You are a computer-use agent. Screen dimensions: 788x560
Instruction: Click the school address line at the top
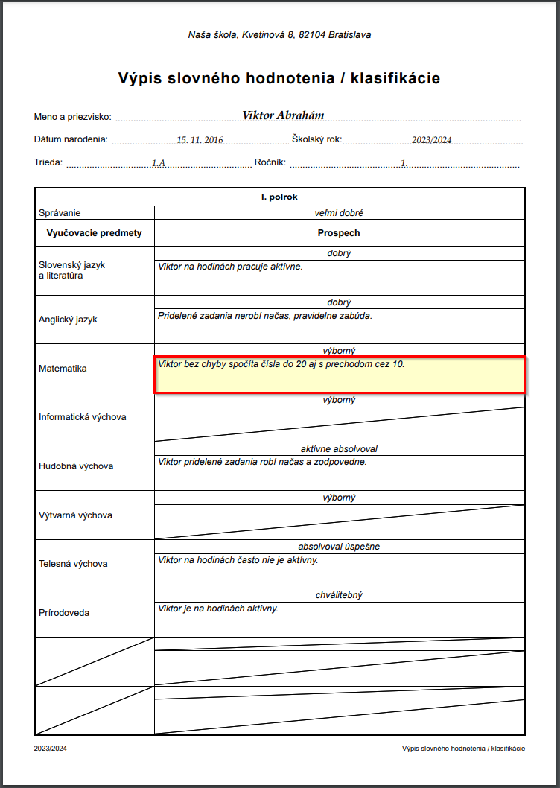click(x=279, y=35)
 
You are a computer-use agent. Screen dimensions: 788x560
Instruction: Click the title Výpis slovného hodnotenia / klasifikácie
click(x=279, y=78)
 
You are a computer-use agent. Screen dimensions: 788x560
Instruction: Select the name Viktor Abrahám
click(x=283, y=115)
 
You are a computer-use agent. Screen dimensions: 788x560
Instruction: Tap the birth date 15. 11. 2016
click(x=200, y=140)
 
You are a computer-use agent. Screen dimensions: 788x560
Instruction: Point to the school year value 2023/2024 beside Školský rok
click(x=431, y=140)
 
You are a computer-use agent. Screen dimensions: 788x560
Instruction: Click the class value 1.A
click(x=158, y=163)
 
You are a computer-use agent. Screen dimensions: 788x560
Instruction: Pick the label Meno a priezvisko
click(x=72, y=117)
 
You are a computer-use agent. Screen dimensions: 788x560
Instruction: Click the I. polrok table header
click(x=279, y=197)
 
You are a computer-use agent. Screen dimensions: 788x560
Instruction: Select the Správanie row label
click(x=60, y=212)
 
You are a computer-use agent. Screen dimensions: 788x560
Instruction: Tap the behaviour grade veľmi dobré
click(x=339, y=212)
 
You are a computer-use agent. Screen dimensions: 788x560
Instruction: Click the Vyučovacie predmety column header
click(x=94, y=233)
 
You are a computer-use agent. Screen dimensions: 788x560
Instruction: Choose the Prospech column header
click(x=339, y=233)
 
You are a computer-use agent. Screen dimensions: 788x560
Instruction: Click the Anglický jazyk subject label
click(x=68, y=320)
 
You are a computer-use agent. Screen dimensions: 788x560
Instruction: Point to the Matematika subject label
click(x=63, y=369)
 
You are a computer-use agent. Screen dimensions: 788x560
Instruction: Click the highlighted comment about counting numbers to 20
click(x=281, y=365)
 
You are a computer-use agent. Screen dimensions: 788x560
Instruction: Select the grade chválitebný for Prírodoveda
click(x=339, y=595)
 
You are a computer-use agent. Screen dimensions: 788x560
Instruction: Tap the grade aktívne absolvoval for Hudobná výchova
click(x=339, y=449)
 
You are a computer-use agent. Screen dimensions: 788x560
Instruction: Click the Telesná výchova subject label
click(x=73, y=564)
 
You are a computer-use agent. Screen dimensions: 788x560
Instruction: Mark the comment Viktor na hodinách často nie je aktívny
click(x=238, y=560)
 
